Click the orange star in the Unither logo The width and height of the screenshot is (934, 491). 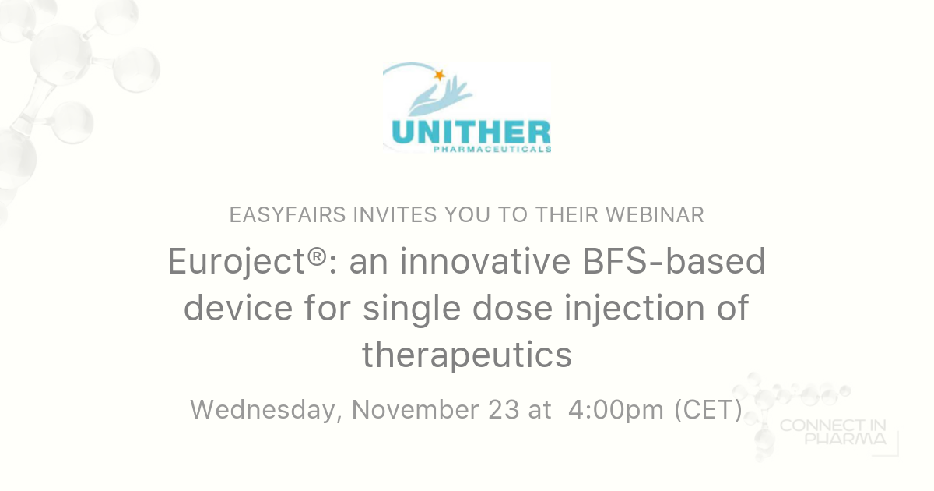pyautogui.click(x=439, y=75)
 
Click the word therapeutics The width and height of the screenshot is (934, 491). pyautogui.click(x=467, y=355)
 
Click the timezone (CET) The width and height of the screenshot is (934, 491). pyautogui.click(x=708, y=410)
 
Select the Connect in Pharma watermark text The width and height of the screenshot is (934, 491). pyautogui.click(x=833, y=433)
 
